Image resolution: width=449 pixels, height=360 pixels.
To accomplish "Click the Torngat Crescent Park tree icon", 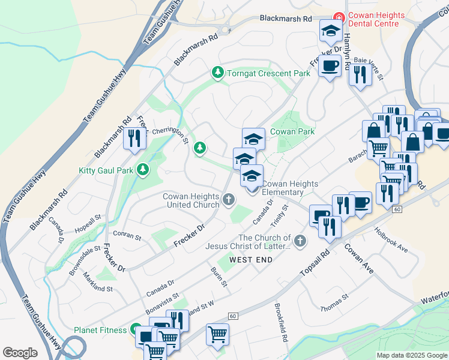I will (x=217, y=73).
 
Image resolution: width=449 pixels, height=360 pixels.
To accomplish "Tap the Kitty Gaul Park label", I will (x=106, y=170).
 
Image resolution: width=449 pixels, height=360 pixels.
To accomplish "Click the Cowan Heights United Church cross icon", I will (x=228, y=199).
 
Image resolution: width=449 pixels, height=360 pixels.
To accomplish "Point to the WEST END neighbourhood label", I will (x=250, y=260).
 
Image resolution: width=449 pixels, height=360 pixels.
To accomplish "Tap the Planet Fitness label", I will (x=100, y=330).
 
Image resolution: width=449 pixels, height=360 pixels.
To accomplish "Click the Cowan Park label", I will (x=292, y=131).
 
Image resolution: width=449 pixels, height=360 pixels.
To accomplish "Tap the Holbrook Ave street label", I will (x=391, y=239).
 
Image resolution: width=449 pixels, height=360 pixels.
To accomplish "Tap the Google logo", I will (x=20, y=353).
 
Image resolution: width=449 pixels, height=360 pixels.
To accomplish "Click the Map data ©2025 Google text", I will (x=411, y=355).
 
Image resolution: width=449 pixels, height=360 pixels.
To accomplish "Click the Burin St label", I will (x=219, y=277).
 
